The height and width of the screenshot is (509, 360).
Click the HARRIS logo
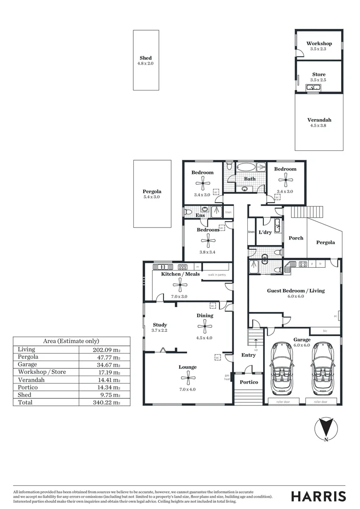[318, 496]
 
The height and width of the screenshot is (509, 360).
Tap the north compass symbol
[326, 429]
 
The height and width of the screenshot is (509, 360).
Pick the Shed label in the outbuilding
[146, 58]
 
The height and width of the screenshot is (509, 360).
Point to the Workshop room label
[319, 43]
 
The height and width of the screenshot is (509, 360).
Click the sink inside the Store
[313, 87]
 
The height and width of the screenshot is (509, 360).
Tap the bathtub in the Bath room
[246, 167]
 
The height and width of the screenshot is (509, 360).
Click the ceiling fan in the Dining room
[205, 324]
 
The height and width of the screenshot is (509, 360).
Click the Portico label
[248, 382]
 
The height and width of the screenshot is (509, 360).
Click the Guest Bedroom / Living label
[295, 290]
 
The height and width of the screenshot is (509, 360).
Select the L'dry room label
[265, 232]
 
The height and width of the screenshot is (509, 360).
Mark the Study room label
[160, 325]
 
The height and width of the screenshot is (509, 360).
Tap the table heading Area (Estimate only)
[71, 341]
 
